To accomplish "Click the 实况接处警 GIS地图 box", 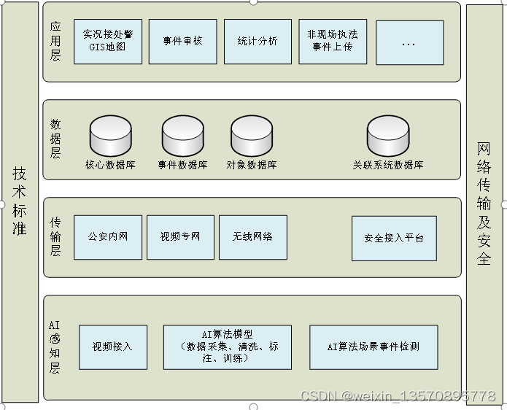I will (108, 42).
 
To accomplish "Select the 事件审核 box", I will (183, 42).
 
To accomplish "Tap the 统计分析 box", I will (258, 42).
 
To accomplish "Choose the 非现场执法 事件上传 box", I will (333, 42).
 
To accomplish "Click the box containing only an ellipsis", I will (409, 42).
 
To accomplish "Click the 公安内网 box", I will (108, 237).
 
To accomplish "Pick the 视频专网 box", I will (180, 237).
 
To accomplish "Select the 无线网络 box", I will (253, 237).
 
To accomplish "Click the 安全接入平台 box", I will (394, 239).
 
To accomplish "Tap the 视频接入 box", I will (112, 347).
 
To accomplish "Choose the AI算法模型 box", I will (227, 347).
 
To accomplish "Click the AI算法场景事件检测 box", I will (374, 347).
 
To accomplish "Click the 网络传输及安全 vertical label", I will (484, 203).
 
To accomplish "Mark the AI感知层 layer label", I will (54, 347).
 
